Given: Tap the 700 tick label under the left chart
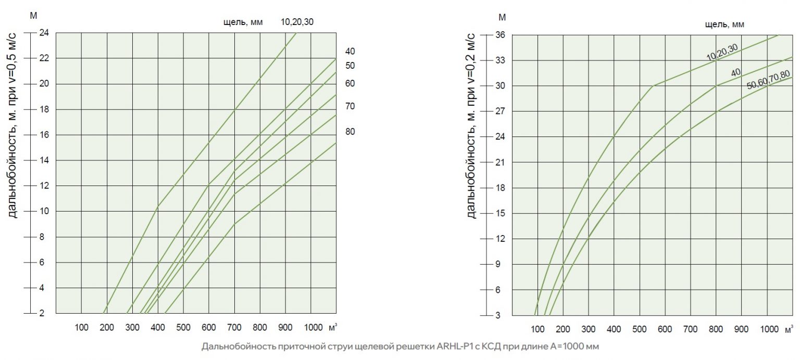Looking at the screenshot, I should (x=234, y=328).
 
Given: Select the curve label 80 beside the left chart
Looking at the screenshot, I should (x=350, y=132).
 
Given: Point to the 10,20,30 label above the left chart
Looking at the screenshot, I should (x=297, y=22).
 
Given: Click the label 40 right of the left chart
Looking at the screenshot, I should (x=350, y=52).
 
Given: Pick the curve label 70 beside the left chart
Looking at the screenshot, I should (x=350, y=106).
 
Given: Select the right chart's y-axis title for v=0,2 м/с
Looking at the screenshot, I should (x=471, y=125).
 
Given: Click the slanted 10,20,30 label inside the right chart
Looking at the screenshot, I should (x=722, y=53).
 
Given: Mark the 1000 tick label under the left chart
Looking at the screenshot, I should (x=314, y=328).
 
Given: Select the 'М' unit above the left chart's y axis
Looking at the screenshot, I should (x=33, y=15).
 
